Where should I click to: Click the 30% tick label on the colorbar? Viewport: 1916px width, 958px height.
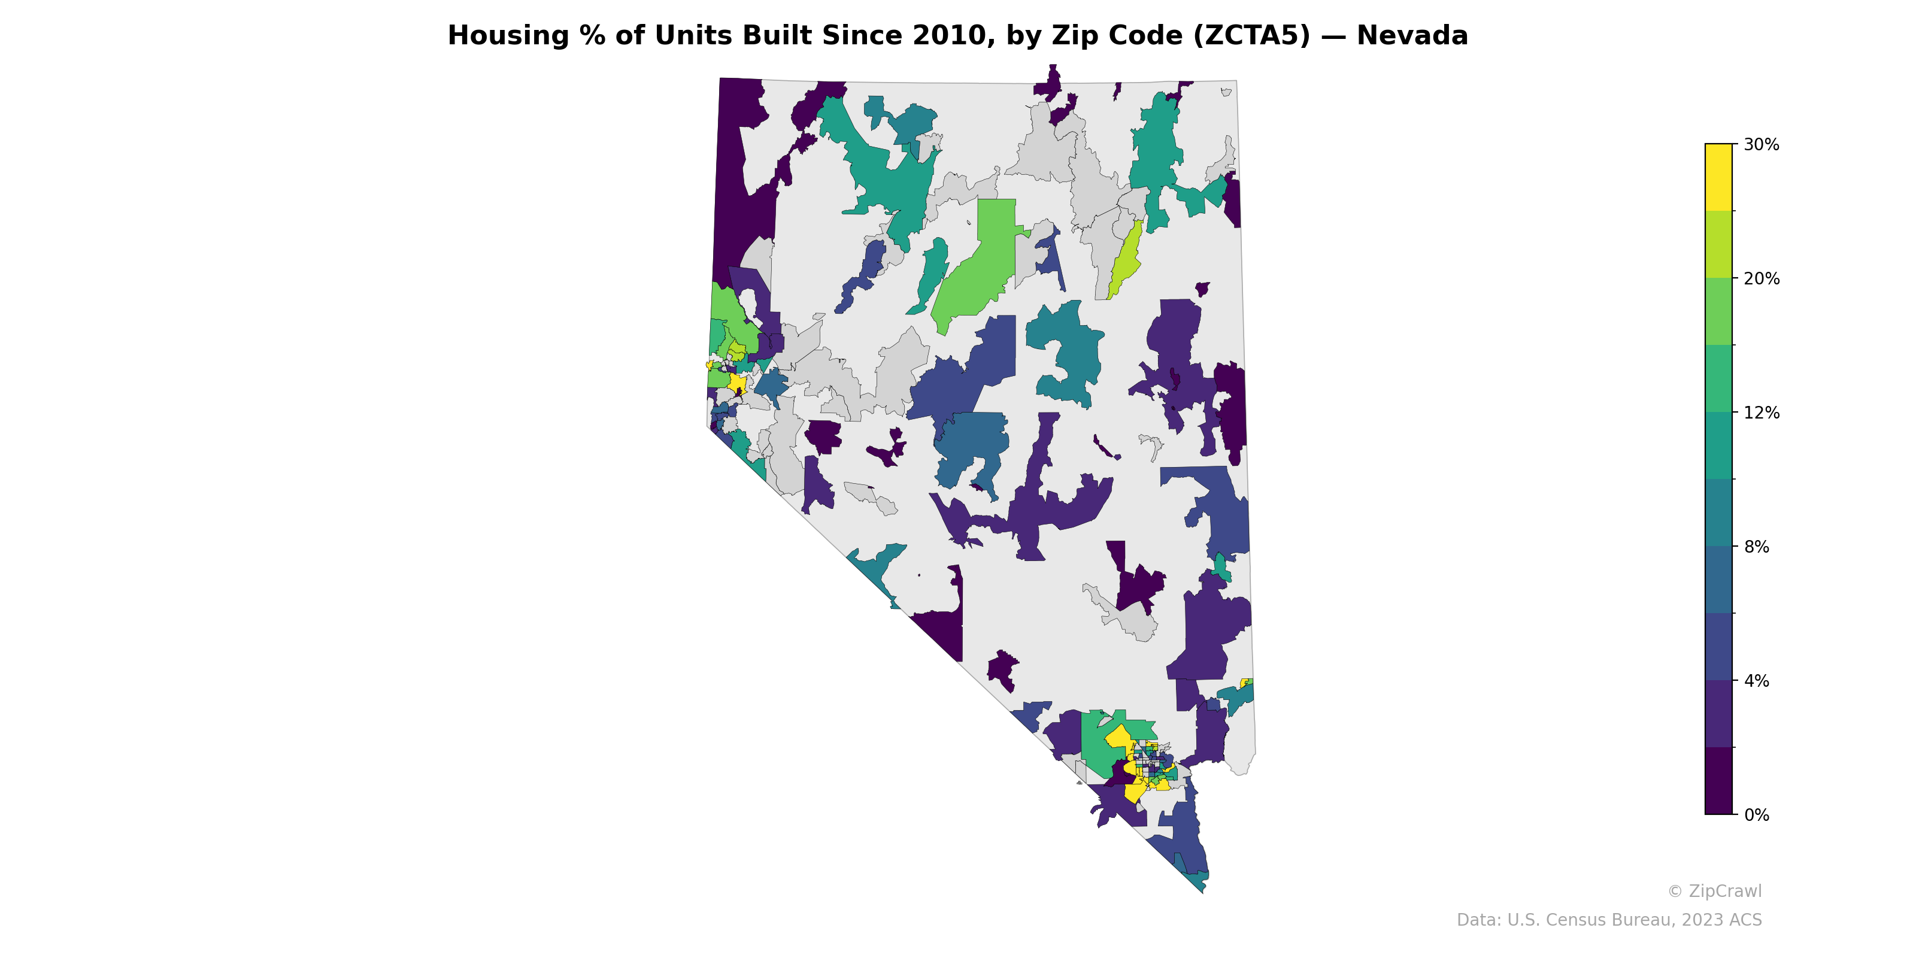(1760, 145)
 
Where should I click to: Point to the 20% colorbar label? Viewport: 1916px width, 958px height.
(1760, 279)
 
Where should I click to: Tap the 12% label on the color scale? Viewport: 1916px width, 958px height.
(1760, 413)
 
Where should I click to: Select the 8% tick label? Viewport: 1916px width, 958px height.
(1756, 547)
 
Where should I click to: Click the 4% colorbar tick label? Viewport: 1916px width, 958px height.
(1756, 681)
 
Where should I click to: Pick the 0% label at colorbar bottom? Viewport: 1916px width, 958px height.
(1756, 815)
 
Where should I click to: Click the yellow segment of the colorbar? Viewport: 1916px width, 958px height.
(1718, 177)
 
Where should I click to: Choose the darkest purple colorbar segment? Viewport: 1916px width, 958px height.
(1718, 781)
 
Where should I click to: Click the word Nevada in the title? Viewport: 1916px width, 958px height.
(1412, 36)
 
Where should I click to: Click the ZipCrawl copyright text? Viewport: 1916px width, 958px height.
(1714, 891)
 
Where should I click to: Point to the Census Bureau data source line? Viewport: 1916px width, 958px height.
(1608, 920)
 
